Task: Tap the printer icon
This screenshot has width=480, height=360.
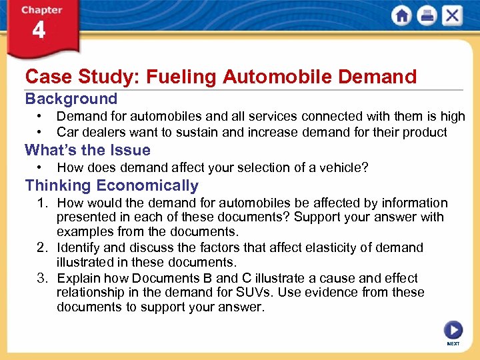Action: [427, 16]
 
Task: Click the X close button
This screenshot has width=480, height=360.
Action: [452, 16]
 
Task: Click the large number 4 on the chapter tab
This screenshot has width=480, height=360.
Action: [39, 31]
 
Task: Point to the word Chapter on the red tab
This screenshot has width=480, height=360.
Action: [41, 10]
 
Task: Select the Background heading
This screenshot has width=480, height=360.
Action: [71, 99]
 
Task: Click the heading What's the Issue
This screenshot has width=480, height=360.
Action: [87, 150]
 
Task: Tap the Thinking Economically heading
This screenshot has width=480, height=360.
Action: [111, 185]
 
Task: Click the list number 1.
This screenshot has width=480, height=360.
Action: [40, 203]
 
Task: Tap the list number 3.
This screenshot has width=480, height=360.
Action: [40, 278]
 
